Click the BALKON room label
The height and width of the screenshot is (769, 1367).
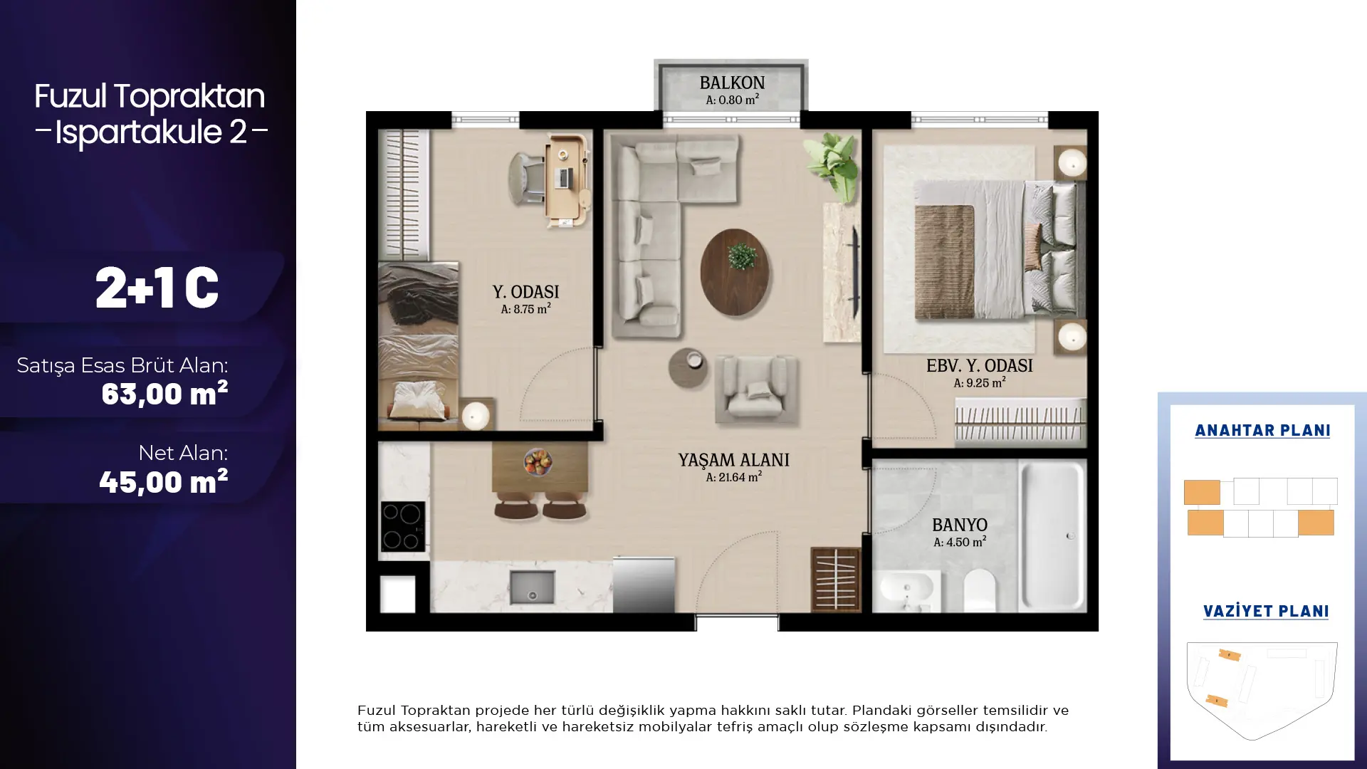tap(732, 83)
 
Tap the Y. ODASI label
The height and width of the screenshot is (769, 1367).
tap(525, 292)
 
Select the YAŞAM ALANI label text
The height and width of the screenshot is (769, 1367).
tap(733, 460)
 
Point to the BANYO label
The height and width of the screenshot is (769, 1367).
tap(959, 525)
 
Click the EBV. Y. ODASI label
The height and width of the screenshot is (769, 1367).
tap(979, 366)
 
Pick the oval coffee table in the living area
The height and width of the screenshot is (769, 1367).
tap(735, 272)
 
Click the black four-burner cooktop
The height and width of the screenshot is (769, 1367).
tap(403, 527)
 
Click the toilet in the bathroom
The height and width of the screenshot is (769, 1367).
tap(979, 590)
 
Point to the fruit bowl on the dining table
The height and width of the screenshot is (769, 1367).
tap(538, 461)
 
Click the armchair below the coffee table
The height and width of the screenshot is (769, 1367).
tap(756, 389)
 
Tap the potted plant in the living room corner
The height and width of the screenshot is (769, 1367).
tap(831, 165)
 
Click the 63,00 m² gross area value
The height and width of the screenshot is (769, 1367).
tap(164, 394)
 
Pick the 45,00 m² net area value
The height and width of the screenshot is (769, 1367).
tap(164, 482)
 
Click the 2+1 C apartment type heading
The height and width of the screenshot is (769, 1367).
tap(157, 288)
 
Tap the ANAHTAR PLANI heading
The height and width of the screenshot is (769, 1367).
tap(1262, 430)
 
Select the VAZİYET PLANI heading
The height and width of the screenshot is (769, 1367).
tap(1266, 611)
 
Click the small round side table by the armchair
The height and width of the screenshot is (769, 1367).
tap(688, 367)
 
